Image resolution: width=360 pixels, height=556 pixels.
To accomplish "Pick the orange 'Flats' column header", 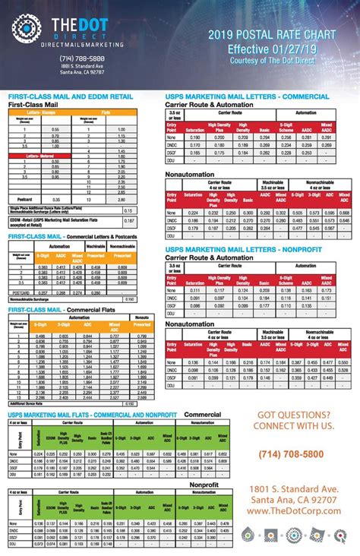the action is pos(121,111).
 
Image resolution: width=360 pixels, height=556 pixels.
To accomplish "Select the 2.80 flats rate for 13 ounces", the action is pos(121,198).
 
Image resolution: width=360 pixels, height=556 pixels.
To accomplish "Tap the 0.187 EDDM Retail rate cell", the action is pos(128,222).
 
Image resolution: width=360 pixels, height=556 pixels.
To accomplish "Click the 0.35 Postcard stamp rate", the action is pos(55,198).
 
